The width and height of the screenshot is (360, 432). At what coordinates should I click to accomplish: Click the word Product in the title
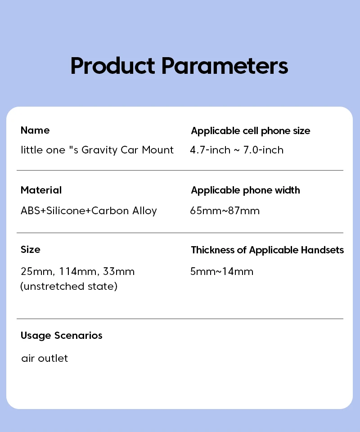(112, 66)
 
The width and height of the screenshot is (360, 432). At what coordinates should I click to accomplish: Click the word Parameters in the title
(225, 66)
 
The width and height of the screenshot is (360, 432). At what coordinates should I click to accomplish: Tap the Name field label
(35, 130)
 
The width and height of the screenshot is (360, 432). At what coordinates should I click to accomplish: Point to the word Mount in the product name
(157, 150)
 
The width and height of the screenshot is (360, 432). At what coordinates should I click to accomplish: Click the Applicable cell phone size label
(251, 131)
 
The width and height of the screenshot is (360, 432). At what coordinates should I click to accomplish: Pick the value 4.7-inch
(210, 150)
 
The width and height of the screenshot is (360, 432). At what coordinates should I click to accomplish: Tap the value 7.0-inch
(263, 150)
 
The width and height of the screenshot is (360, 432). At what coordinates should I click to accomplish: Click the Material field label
(41, 190)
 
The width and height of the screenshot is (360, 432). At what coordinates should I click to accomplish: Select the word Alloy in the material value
(144, 211)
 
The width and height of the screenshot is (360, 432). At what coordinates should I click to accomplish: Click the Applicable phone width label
(245, 190)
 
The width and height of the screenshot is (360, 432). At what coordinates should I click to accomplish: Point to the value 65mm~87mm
(225, 211)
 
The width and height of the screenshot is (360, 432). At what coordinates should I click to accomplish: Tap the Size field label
(31, 250)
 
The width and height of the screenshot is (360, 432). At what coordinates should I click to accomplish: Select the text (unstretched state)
(69, 286)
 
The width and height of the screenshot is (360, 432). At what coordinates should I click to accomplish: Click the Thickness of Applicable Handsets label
(267, 250)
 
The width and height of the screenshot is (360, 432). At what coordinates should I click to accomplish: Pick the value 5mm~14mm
(222, 272)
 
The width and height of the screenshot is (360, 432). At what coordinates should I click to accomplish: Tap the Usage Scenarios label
(61, 336)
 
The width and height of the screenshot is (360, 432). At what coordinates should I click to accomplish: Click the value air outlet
(45, 358)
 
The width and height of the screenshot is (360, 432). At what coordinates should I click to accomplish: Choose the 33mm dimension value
(119, 272)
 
